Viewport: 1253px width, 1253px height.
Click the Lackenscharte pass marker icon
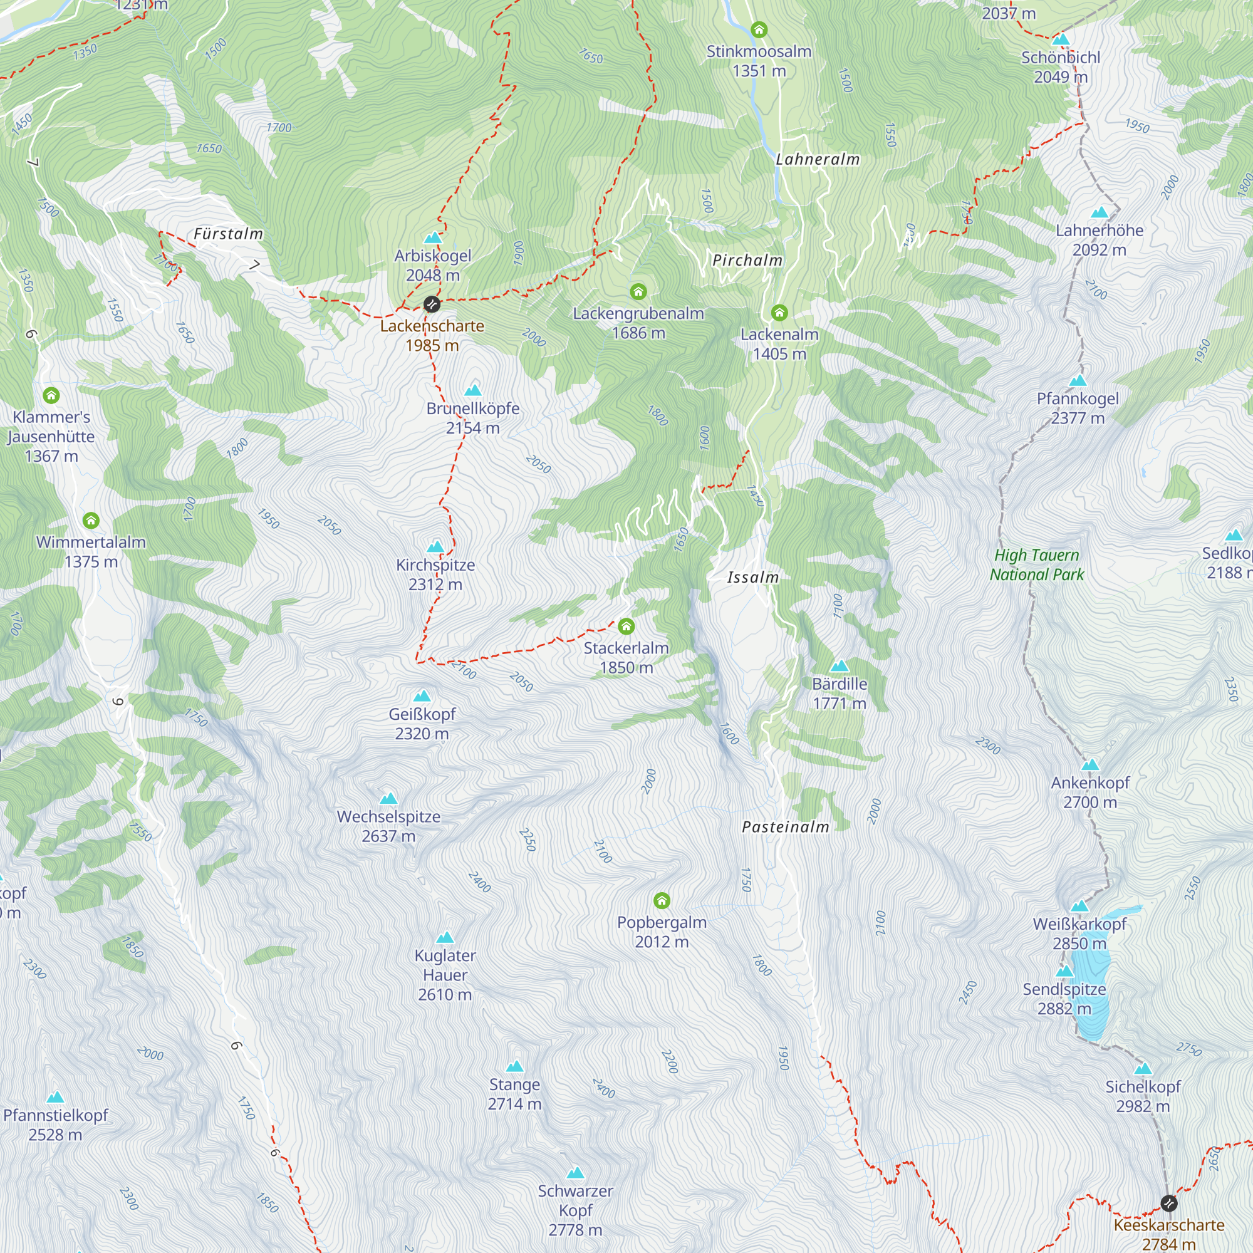pos(432,303)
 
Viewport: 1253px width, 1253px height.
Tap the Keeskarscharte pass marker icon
pos(1168,1204)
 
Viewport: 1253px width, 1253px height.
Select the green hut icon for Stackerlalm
pos(626,626)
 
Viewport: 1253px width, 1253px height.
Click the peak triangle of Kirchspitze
pos(436,547)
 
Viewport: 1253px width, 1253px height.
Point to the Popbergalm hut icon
pos(662,900)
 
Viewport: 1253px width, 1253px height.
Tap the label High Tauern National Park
pos(1036,564)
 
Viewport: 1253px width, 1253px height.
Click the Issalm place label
pos(752,577)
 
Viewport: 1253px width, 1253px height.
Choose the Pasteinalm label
pos(786,827)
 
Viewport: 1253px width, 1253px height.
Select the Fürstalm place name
pos(228,234)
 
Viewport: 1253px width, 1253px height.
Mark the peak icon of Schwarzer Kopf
pos(575,1173)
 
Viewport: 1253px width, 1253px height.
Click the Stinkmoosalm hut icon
pos(759,29)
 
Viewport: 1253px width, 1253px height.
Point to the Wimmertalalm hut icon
pos(91,520)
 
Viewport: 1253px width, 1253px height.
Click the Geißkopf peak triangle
pos(422,696)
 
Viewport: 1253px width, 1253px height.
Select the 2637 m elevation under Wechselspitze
pos(388,836)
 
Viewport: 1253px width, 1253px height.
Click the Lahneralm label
pos(817,159)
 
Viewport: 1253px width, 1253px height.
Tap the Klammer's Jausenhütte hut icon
pos(51,395)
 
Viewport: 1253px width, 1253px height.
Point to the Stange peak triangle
pos(514,1066)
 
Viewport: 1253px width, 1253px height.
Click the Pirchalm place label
pos(747,260)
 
